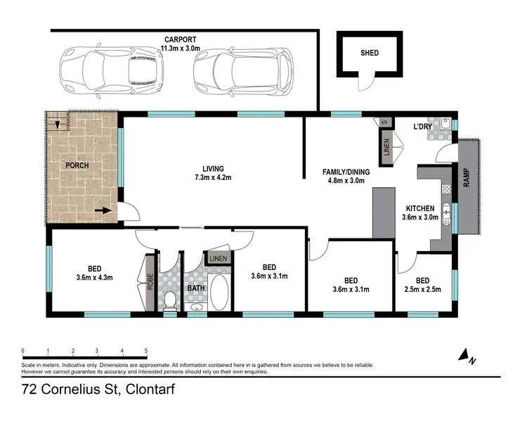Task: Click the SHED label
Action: pyautogui.click(x=369, y=53)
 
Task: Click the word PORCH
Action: pyautogui.click(x=77, y=165)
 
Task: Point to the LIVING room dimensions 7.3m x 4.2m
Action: pyautogui.click(x=213, y=178)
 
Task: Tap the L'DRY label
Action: pyautogui.click(x=422, y=127)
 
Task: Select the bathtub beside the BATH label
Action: pyautogui.click(x=219, y=293)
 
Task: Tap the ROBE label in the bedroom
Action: pyautogui.click(x=150, y=283)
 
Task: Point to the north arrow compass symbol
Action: pyautogui.click(x=464, y=357)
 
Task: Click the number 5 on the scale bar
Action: pyautogui.click(x=146, y=350)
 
